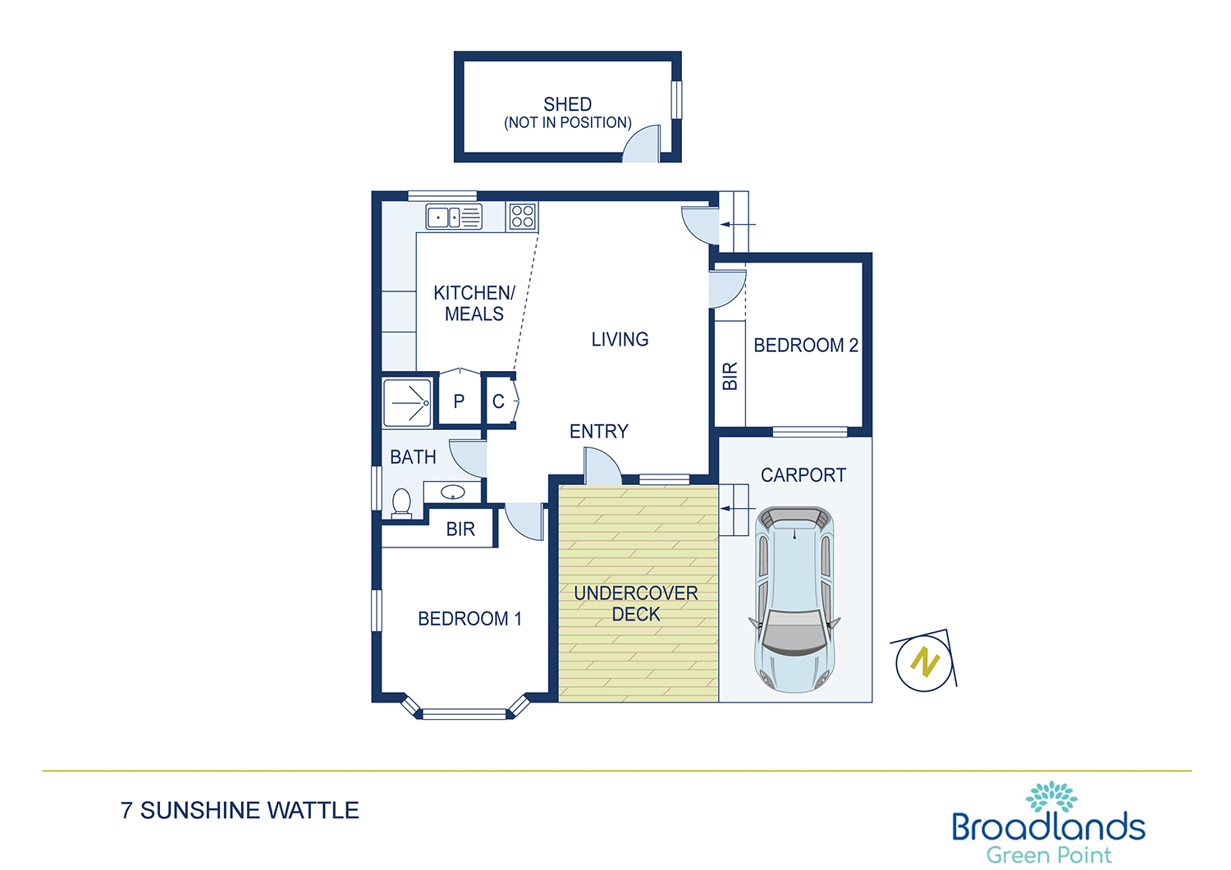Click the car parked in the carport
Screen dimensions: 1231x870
point(794,600)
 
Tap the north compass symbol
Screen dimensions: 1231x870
point(925,662)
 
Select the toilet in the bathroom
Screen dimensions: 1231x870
point(402,503)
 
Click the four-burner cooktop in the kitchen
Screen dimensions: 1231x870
point(521,216)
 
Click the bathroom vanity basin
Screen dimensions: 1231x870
point(453,492)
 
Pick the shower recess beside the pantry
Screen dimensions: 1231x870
point(407,403)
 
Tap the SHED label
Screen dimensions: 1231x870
point(568,104)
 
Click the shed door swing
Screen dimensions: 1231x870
point(641,144)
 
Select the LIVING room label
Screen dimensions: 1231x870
point(620,339)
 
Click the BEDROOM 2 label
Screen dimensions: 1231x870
point(806,346)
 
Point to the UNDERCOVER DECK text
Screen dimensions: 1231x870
point(636,603)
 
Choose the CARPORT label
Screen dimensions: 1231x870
point(803,475)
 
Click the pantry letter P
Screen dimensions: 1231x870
point(459,401)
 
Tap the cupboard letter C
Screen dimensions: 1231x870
point(498,401)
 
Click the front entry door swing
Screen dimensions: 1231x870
point(602,466)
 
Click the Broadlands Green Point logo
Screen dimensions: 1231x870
point(1049,823)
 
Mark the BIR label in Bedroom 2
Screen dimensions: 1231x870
point(730,376)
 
